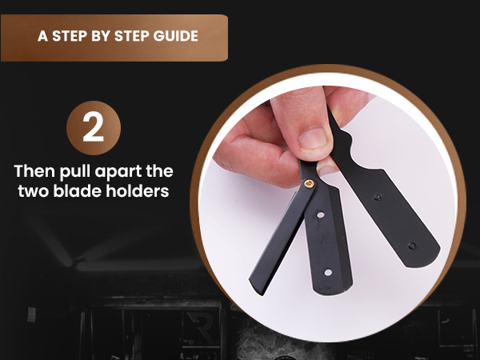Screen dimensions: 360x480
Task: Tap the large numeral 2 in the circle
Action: click(x=94, y=127)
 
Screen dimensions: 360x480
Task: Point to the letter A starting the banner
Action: click(x=42, y=37)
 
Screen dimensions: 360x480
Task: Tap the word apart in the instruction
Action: click(x=121, y=172)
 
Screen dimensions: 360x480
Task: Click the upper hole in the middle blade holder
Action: click(x=320, y=215)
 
